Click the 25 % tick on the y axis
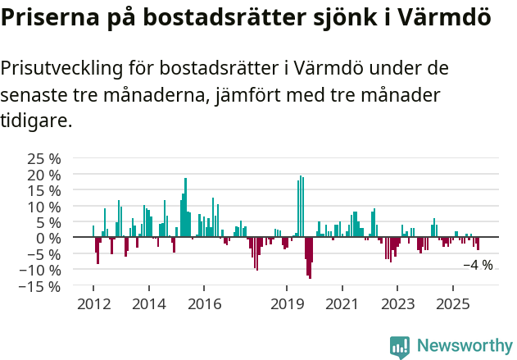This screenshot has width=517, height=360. tap(43, 159)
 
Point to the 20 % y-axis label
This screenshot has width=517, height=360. tap(43, 175)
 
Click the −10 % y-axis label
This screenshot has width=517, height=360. tap(39, 271)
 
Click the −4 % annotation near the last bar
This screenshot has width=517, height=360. tap(478, 265)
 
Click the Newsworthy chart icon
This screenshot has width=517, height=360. tap(400, 347)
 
